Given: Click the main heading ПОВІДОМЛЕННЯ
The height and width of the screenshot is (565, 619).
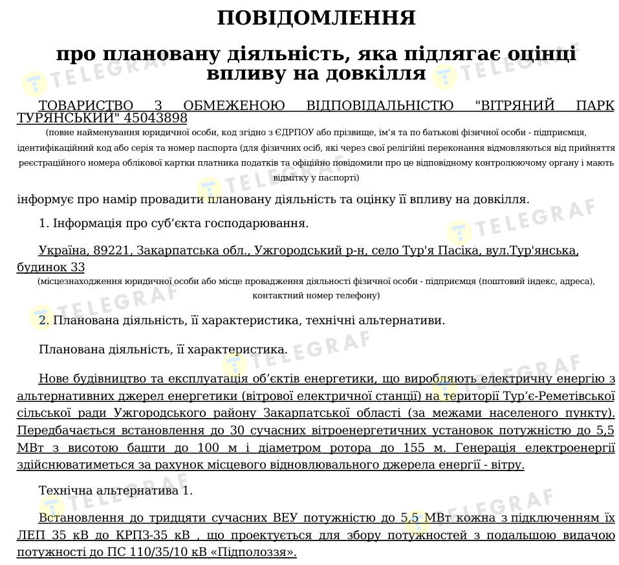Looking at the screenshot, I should click(316, 18).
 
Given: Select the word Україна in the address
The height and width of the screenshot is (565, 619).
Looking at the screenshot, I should click(63, 250).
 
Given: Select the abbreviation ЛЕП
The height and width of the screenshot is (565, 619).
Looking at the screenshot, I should click(31, 535).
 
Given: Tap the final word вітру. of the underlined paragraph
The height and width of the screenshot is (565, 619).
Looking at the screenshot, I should click(507, 465).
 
